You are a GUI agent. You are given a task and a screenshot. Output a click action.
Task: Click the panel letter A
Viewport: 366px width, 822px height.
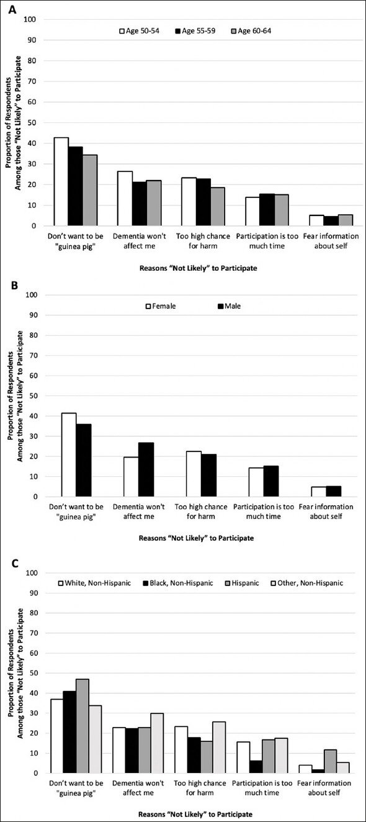(x=12, y=9)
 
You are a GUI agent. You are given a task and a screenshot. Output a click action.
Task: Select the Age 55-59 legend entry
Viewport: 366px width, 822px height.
(x=195, y=31)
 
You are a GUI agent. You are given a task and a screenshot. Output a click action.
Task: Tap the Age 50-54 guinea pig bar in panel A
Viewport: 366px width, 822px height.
(x=61, y=182)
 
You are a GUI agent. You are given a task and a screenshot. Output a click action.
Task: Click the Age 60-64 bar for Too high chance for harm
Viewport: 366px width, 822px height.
(x=218, y=207)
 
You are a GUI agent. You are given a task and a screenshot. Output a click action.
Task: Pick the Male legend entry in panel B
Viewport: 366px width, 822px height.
(x=230, y=306)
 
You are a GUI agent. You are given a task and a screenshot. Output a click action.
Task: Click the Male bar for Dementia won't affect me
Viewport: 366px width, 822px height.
(x=146, y=470)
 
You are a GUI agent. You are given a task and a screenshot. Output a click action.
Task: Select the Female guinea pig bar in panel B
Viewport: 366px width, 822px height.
(x=69, y=455)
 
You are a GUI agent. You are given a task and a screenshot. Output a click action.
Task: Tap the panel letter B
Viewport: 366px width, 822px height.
(x=14, y=286)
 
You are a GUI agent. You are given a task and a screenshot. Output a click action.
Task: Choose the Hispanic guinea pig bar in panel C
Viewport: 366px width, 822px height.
(x=83, y=726)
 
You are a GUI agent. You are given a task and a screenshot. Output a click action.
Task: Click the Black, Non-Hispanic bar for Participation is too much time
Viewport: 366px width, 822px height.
(x=256, y=767)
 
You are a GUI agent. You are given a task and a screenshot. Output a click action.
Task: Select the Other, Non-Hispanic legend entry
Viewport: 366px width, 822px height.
(x=306, y=583)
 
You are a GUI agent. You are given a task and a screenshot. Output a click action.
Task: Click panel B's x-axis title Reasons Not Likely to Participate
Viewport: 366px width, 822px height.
(x=196, y=538)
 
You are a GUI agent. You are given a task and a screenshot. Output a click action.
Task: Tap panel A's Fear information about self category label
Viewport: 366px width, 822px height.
(x=331, y=241)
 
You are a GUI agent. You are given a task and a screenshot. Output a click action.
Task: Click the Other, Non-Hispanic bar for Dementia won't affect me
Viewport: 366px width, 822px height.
(x=157, y=743)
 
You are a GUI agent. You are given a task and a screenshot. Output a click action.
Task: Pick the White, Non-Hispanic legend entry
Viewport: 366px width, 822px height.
(x=95, y=583)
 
